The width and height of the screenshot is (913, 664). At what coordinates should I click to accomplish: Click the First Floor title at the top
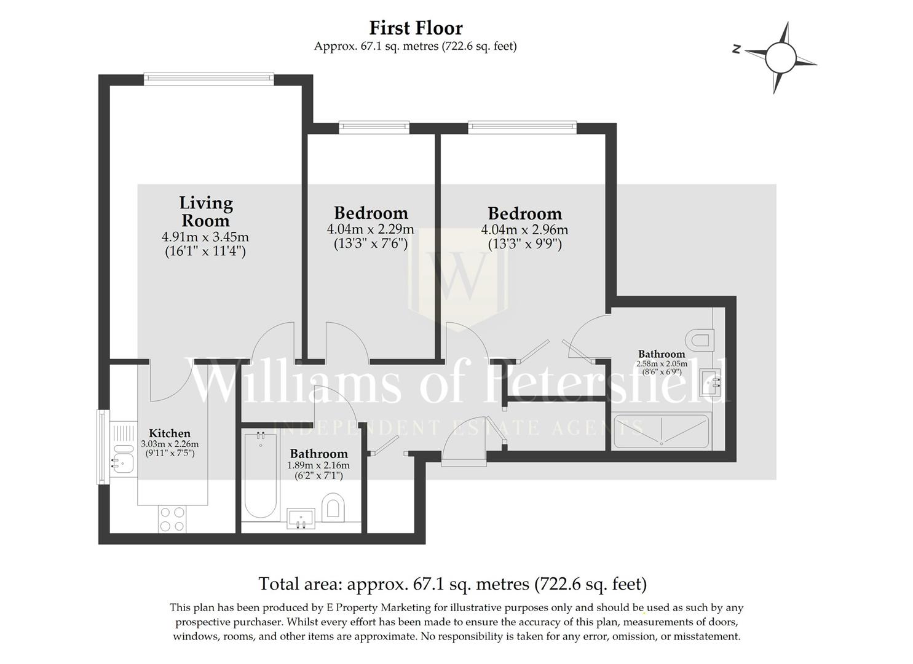(416, 28)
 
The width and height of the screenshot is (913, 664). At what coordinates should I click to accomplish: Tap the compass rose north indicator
(736, 50)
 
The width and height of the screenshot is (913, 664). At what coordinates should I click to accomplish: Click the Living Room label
(205, 211)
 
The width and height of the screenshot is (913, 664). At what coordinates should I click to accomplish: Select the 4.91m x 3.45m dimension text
(205, 237)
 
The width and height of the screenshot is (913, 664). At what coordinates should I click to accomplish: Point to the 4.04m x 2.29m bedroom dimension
(370, 230)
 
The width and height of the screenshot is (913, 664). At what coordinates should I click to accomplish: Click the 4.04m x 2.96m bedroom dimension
(524, 230)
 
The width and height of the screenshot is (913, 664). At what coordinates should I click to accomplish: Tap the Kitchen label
(170, 433)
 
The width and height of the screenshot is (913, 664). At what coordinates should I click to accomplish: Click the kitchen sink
(123, 459)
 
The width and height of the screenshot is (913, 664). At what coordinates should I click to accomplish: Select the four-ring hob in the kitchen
(172, 518)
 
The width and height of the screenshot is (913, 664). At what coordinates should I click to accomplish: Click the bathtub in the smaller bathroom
(260, 476)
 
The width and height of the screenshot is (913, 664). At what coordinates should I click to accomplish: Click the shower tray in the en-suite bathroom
(662, 431)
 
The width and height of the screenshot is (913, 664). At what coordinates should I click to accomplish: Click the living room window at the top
(208, 77)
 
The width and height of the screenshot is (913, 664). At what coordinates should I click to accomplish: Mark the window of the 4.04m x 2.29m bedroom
(374, 128)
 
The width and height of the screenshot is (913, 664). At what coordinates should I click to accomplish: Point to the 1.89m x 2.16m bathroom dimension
(318, 465)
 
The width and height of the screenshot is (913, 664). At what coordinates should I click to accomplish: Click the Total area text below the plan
(453, 583)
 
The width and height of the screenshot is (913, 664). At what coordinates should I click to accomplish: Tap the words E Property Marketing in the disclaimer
(379, 608)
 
